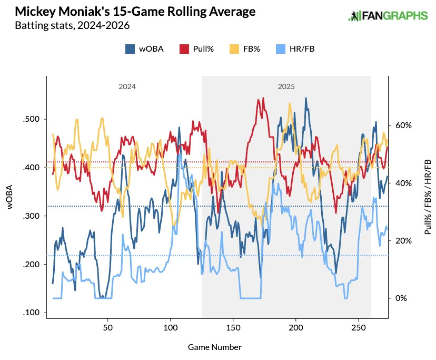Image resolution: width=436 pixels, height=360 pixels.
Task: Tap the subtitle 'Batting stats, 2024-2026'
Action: click(x=73, y=25)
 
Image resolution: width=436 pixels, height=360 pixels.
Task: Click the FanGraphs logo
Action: click(x=388, y=16)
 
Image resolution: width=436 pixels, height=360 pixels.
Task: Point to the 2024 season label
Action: click(x=127, y=86)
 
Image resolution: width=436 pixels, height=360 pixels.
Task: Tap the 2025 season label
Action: click(x=286, y=86)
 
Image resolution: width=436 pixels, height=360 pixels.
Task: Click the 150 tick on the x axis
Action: click(x=233, y=327)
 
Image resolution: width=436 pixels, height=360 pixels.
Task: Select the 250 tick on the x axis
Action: click(x=359, y=327)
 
